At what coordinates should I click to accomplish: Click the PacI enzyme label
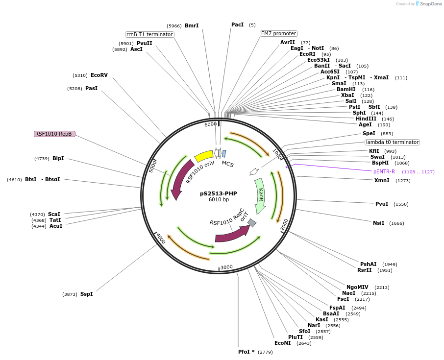[237, 24]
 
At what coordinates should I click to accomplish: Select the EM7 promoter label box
[278, 33]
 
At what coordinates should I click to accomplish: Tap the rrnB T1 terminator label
[149, 34]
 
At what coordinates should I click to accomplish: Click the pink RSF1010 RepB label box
[54, 134]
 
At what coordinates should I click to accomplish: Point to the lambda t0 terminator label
[392, 142]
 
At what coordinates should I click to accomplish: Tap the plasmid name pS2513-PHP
[218, 193]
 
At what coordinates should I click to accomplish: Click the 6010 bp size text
[219, 200]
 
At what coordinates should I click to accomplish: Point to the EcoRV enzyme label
[99, 75]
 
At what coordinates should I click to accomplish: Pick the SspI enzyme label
[86, 294]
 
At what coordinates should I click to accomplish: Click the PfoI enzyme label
[246, 352]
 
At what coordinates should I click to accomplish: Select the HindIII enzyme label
[366, 119]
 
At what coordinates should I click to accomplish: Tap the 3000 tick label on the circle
[226, 267]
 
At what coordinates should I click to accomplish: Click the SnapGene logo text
[428, 4]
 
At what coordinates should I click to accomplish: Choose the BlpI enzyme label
[58, 158]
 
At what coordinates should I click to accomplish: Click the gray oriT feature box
[252, 223]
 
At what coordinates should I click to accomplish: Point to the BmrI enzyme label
[192, 25]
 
